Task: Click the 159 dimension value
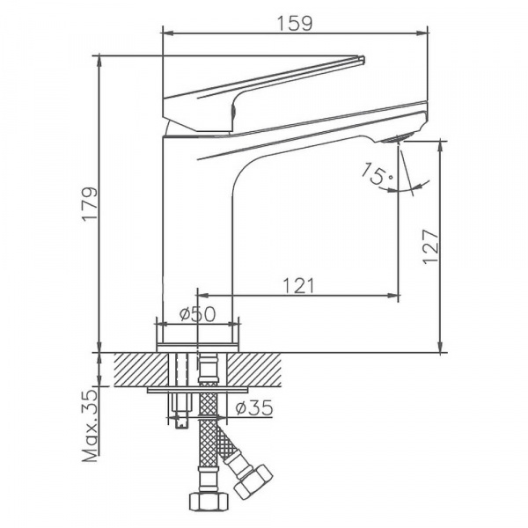tap(295, 23)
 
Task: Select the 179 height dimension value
tap(91, 203)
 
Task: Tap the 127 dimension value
tap(431, 247)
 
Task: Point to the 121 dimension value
tap(298, 285)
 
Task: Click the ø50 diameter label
tap(197, 314)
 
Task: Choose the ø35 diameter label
tap(254, 408)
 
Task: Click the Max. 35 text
tap(91, 426)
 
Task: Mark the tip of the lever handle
tap(363, 58)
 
